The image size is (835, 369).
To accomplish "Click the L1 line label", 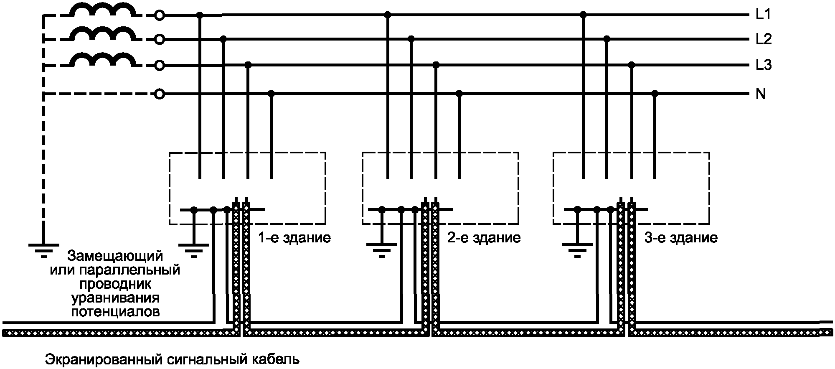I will tap(763, 15).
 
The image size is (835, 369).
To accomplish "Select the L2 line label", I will tap(764, 39).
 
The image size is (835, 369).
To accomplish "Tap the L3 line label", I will tap(764, 66).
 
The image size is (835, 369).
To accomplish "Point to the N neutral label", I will tap(761, 94).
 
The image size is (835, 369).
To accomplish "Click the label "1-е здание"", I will tap(295, 238).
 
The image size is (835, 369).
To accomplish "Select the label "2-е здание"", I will tap(484, 238).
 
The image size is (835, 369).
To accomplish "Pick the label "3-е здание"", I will tap(681, 238).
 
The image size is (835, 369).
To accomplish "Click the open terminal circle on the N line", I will tap(159, 94).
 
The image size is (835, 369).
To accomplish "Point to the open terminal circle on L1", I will tap(159, 16).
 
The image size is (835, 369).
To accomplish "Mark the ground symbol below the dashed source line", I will tap(43, 247).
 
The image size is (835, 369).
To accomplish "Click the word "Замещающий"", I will tap(115, 255).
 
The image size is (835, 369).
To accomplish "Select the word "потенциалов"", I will tap(115, 312).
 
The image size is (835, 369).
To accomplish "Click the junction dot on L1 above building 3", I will tap(584, 15).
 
